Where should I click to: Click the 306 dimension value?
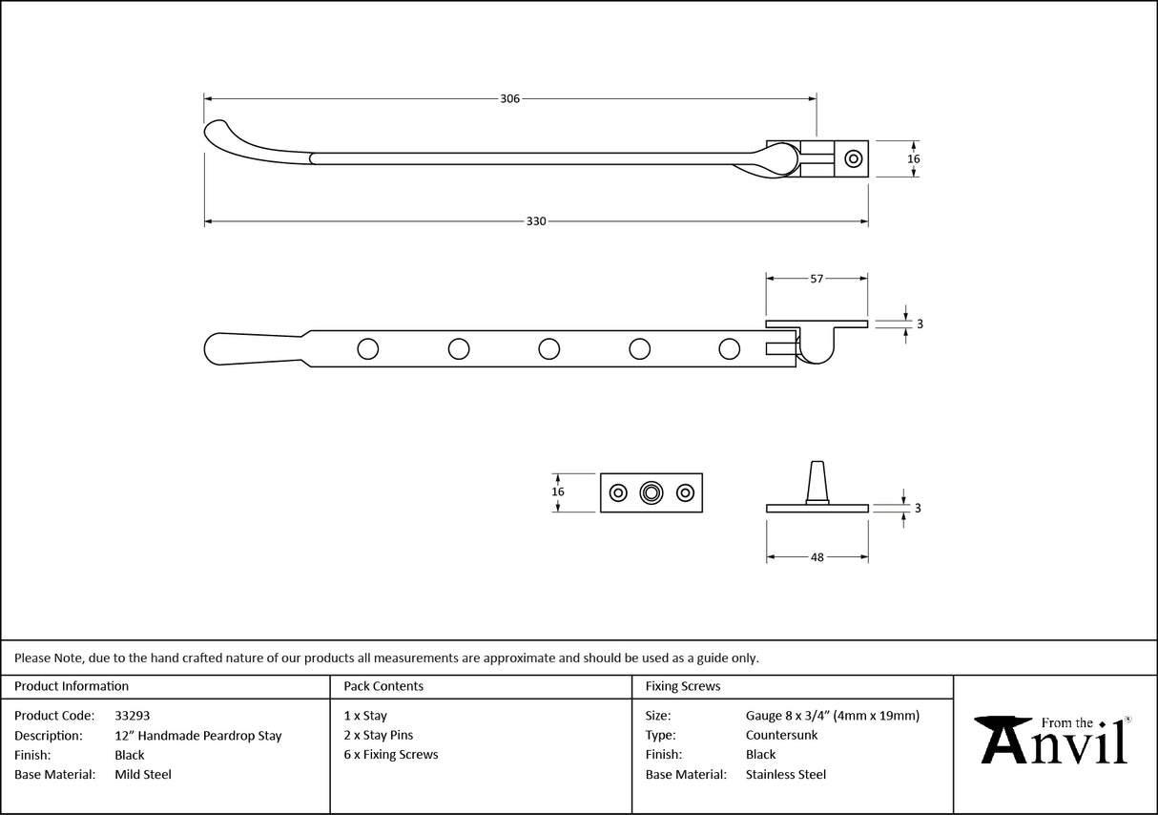pyautogui.click(x=509, y=98)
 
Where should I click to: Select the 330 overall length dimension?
pyautogui.click(x=536, y=221)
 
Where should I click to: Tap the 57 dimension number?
pyautogui.click(x=817, y=279)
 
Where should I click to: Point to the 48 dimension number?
pyautogui.click(x=817, y=557)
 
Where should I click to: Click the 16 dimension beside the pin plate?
pyautogui.click(x=558, y=491)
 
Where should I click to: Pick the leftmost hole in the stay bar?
pyautogui.click(x=367, y=349)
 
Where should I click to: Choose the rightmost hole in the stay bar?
pyautogui.click(x=729, y=349)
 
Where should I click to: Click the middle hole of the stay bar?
pyautogui.click(x=548, y=349)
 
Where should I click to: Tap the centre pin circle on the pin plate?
pyautogui.click(x=651, y=492)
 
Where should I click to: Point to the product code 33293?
pyautogui.click(x=132, y=715)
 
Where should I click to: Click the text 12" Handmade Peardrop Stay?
pyautogui.click(x=197, y=736)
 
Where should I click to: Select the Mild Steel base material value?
pyautogui.click(x=143, y=775)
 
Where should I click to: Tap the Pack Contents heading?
pyautogui.click(x=383, y=686)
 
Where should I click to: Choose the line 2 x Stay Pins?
pyautogui.click(x=378, y=736)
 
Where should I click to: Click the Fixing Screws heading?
pyautogui.click(x=683, y=686)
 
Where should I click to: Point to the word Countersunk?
pyautogui.click(x=781, y=736)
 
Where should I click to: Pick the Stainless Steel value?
pyautogui.click(x=786, y=775)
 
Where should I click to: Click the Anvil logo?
pyautogui.click(x=1055, y=741)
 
